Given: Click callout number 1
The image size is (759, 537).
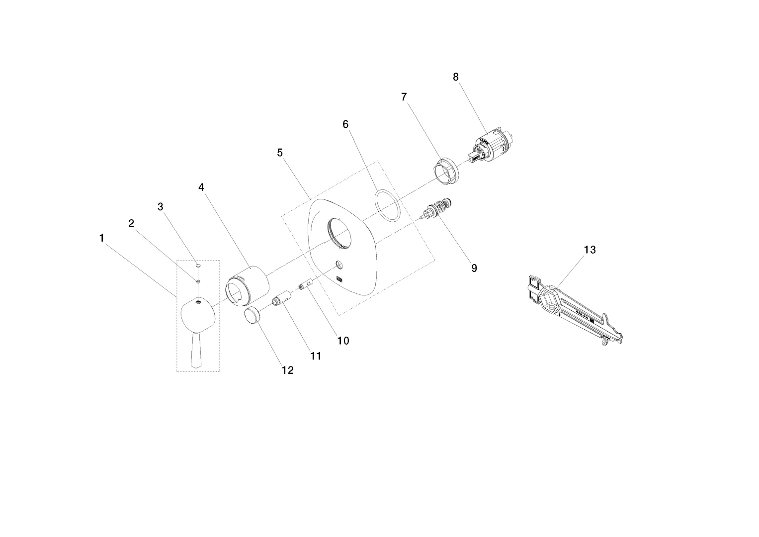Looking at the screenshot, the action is (x=101, y=238).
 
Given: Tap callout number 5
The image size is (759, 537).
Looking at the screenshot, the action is (x=279, y=153).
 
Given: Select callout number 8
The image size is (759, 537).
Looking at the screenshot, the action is (x=456, y=77).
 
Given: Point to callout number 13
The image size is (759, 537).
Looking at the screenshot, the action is (x=590, y=250).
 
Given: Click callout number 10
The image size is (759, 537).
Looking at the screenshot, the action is (x=343, y=341).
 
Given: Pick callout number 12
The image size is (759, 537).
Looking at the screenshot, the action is (x=288, y=370).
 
